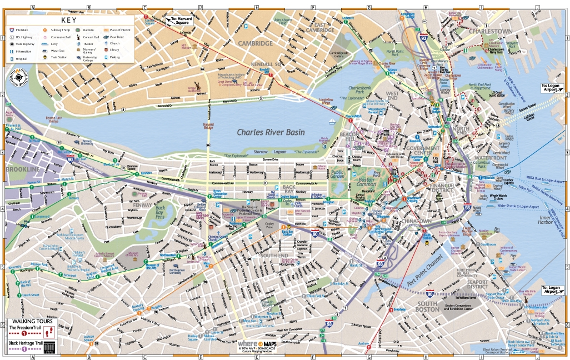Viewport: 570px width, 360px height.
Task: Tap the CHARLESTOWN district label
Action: click(489, 31)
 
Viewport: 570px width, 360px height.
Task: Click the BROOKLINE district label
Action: click(23, 169)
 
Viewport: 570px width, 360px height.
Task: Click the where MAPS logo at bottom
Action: click(257, 344)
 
